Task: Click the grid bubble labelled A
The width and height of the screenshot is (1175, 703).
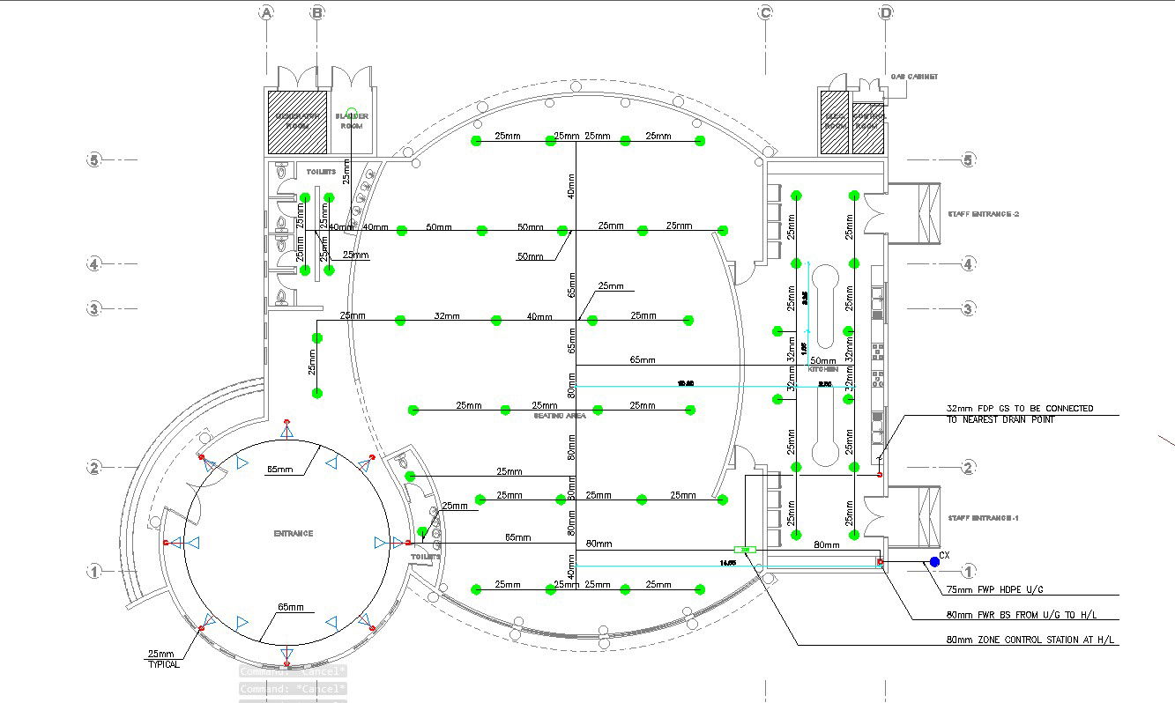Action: tap(266, 12)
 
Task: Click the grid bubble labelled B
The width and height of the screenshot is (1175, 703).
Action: tap(317, 12)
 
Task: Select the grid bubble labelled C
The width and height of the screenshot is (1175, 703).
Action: tap(765, 12)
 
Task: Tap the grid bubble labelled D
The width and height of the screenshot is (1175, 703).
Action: tap(886, 12)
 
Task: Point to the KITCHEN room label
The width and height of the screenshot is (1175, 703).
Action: tap(823, 369)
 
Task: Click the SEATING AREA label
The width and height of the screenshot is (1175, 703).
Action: tap(559, 415)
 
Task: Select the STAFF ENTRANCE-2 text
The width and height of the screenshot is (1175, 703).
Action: tap(983, 214)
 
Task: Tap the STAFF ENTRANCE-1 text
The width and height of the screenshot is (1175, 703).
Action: tap(983, 518)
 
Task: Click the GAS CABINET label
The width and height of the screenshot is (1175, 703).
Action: tap(914, 77)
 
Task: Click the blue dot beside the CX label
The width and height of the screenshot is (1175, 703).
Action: tap(934, 561)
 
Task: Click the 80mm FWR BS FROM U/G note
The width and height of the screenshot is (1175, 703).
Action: tap(1021, 615)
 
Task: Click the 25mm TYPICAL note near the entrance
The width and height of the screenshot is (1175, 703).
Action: tap(162, 659)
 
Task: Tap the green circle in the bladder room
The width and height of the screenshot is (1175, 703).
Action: tap(351, 112)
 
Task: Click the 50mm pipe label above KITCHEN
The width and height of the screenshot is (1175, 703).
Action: tap(822, 360)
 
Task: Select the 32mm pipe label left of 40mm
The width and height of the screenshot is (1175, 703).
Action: tap(447, 315)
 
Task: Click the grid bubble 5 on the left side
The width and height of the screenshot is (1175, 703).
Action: tap(94, 160)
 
